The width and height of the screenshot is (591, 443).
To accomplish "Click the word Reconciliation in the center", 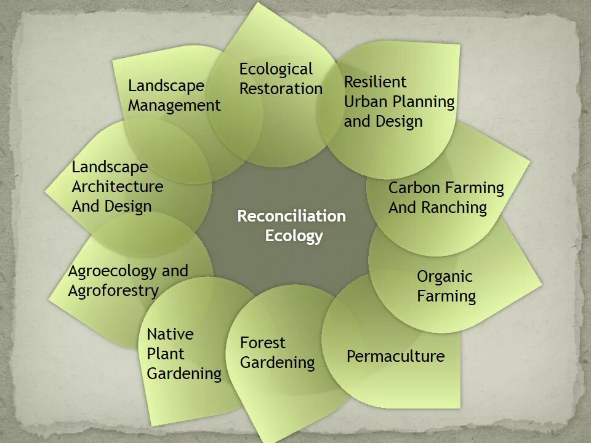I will point(291,217).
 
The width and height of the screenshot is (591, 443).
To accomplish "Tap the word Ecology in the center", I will point(294,236).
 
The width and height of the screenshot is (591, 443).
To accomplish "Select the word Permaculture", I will point(395,356).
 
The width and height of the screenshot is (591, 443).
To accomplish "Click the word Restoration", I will point(281,89).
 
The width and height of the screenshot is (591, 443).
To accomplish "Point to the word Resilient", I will point(375,82).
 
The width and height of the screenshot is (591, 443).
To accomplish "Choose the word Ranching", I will point(454,208).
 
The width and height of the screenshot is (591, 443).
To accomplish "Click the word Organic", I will point(444,277).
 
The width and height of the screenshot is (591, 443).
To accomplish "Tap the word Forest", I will point(263,343).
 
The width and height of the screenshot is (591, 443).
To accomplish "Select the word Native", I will point(170,334).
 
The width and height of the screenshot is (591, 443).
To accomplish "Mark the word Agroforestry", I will point(113,290).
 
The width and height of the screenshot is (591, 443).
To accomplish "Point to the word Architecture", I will point(118,186).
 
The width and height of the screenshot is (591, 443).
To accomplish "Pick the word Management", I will point(174,106).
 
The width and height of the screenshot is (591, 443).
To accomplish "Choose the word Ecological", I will point(276,69).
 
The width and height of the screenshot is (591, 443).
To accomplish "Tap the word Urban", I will point(364,102).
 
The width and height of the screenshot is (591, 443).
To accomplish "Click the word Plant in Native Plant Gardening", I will point(166,354).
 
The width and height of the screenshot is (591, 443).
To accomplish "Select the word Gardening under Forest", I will point(277,363).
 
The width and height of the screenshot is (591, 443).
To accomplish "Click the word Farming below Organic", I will point(446,297).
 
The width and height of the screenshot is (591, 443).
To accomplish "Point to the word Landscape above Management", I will point(166,86).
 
